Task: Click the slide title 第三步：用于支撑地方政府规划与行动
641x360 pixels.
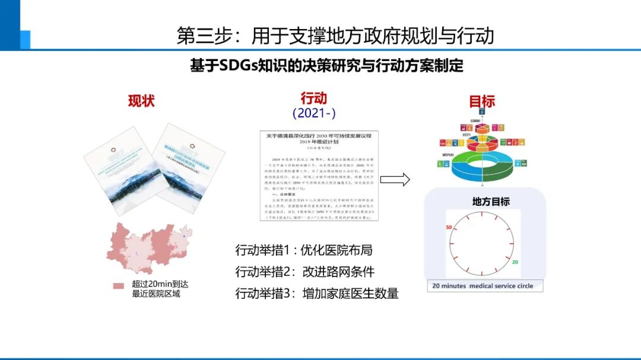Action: (335, 35)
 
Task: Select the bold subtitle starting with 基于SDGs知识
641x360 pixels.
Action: (326, 66)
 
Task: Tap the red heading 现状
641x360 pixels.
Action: (141, 101)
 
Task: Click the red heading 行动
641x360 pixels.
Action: (313, 98)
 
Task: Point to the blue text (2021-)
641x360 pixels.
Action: (314, 113)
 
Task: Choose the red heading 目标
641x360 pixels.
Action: (481, 101)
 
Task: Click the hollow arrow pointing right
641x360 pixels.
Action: (395, 179)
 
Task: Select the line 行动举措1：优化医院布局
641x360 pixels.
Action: (303, 250)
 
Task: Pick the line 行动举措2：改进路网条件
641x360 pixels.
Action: (304, 272)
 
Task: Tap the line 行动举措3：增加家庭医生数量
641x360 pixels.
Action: (316, 293)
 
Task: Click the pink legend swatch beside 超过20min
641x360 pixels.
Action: (119, 286)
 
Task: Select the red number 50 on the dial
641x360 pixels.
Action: (449, 227)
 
